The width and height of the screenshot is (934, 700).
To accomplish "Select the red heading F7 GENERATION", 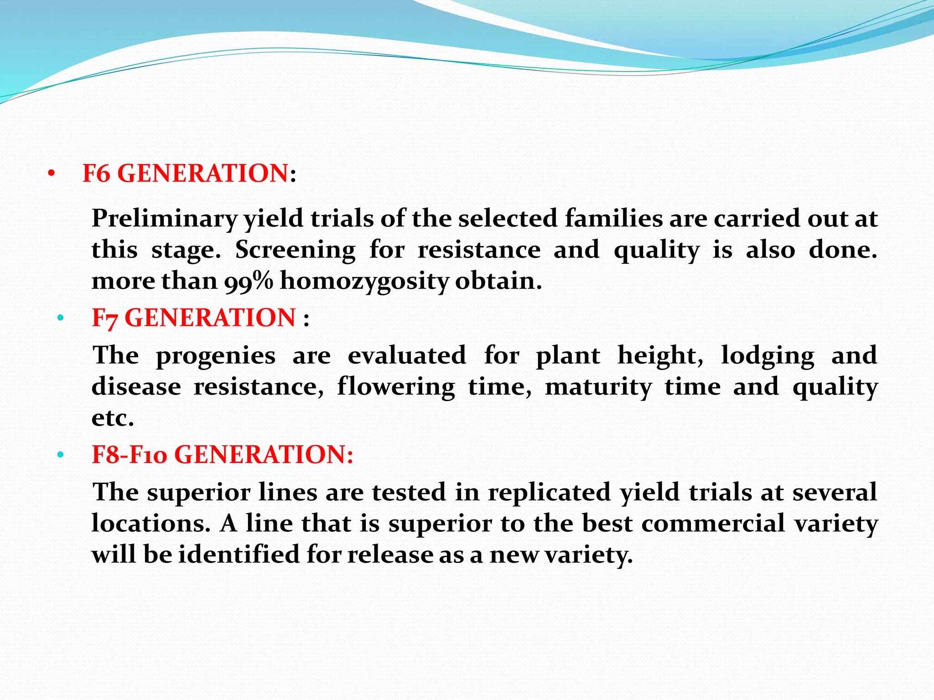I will [x=194, y=318].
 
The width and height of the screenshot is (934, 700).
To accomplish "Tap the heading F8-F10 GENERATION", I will [x=222, y=454].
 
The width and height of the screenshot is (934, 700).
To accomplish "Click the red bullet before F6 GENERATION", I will [x=51, y=174].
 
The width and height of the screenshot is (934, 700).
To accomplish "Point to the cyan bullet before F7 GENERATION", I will [x=60, y=318].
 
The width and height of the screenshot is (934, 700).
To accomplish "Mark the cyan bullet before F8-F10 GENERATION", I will [x=60, y=455].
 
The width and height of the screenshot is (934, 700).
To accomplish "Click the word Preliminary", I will [x=164, y=219].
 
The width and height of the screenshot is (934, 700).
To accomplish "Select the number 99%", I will [x=249, y=281].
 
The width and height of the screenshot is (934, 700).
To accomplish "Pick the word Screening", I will [x=295, y=250].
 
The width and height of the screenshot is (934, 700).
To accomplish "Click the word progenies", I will [x=216, y=356].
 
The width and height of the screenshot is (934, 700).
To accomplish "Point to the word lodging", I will [x=768, y=356].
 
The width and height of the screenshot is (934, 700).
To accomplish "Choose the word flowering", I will [x=396, y=387].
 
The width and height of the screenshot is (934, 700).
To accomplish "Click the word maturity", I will [x=598, y=387].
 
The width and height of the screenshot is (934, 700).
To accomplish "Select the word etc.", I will [x=113, y=418].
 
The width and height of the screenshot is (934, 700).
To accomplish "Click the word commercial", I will [x=713, y=524].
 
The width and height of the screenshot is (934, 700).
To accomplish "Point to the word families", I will [x=613, y=219].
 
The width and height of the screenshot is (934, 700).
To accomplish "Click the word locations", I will [x=150, y=524].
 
